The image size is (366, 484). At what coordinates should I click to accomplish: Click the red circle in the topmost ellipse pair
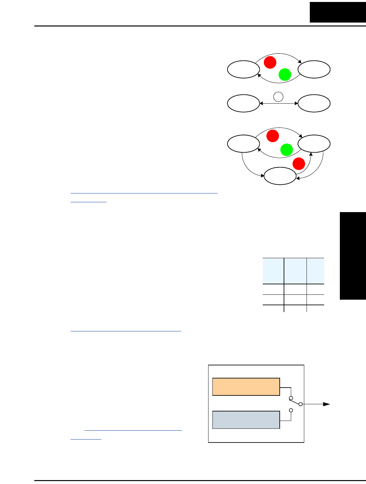270,62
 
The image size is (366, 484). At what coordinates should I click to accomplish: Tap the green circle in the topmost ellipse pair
285,75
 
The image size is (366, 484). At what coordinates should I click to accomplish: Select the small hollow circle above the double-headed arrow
278,97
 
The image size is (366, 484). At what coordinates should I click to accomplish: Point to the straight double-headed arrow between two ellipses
279,104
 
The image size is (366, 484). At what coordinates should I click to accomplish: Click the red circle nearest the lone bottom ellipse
299,163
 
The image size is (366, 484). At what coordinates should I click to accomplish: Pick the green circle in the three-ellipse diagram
287,150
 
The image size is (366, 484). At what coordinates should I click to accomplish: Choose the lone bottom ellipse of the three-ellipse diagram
280,176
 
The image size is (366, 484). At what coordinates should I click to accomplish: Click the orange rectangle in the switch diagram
246,387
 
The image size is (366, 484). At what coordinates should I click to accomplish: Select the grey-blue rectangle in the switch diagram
246,420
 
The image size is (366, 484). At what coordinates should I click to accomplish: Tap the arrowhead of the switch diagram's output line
326,404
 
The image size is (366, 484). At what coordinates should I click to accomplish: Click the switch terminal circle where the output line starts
301,404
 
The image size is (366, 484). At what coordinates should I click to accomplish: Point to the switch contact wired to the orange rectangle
291,398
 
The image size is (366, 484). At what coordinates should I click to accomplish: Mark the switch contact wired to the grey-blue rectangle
291,410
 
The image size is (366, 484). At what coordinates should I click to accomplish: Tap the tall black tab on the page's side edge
353,256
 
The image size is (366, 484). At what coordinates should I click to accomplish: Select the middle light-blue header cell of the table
295,271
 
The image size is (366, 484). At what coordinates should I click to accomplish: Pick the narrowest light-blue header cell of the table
316,271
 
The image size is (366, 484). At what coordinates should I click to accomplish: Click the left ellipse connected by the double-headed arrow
243,103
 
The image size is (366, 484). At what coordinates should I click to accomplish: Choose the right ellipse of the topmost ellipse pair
314,69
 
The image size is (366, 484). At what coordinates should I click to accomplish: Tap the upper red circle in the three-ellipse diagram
273,136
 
